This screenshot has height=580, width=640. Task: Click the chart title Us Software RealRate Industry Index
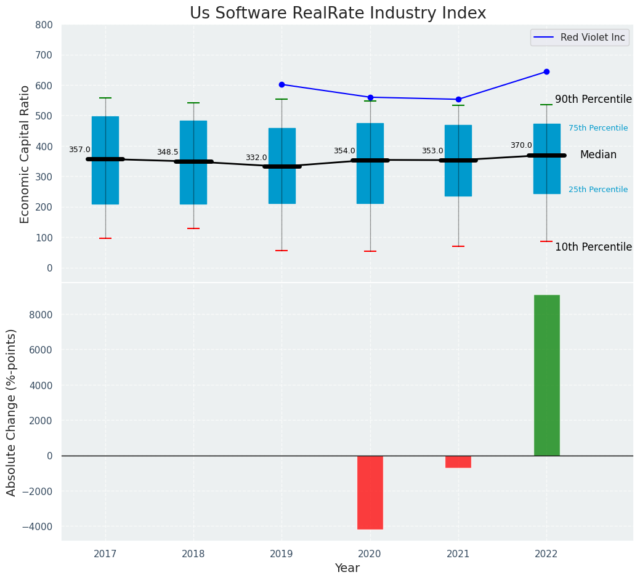click(338, 14)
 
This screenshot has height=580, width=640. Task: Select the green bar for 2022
click(546, 375)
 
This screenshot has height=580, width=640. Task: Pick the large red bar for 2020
click(370, 492)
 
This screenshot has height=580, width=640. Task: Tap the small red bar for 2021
click(458, 462)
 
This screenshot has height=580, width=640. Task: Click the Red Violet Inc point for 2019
click(282, 84)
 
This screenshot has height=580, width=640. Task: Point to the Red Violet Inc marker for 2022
click(546, 72)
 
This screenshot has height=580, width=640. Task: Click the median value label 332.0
click(256, 158)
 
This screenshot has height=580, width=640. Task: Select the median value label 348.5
click(168, 152)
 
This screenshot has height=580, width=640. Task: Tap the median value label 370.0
click(521, 145)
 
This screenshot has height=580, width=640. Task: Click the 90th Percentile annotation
click(593, 100)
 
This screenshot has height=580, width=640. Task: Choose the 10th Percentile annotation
click(593, 248)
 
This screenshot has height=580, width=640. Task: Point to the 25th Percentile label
click(598, 190)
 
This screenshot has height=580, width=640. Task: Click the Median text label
click(598, 155)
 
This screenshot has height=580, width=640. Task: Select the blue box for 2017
click(105, 160)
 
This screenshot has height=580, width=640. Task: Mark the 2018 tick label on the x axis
click(193, 554)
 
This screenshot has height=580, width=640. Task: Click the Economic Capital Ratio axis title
click(25, 154)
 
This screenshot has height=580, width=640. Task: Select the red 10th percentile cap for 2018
click(193, 228)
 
